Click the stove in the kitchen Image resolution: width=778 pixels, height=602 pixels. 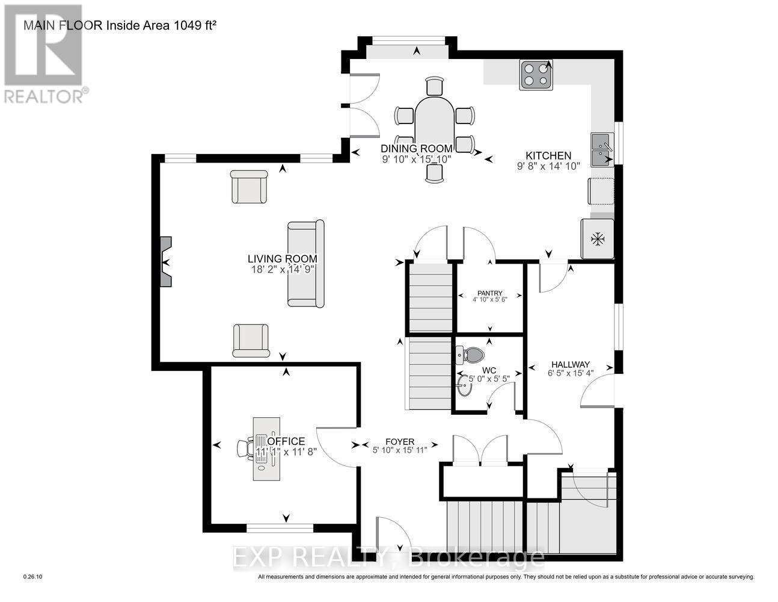[x=536, y=75]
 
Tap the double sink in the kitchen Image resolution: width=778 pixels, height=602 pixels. [x=602, y=149]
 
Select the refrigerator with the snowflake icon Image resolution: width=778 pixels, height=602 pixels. [x=597, y=239]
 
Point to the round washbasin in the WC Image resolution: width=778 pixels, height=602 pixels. [x=465, y=387]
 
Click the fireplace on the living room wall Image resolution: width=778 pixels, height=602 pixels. [x=166, y=262]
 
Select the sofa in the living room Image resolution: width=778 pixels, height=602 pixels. [x=305, y=263]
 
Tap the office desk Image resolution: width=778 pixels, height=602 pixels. [x=266, y=448]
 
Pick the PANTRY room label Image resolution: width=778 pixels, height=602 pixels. [x=489, y=293]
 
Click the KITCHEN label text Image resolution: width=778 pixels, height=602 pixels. [x=548, y=155]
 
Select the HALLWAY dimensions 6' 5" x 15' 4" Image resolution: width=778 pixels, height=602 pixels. [x=570, y=373]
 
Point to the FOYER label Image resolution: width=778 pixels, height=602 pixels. [x=400, y=442]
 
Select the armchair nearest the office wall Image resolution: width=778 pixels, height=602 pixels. [x=250, y=340]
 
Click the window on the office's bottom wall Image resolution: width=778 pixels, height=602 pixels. [x=280, y=528]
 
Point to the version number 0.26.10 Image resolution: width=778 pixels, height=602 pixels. [x=33, y=577]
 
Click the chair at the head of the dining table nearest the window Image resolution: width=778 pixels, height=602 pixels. [x=434, y=87]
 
